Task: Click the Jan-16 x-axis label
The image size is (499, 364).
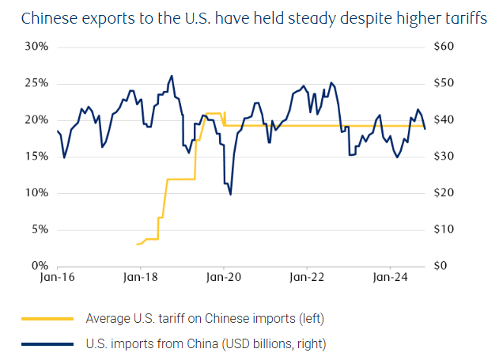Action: click(x=58, y=279)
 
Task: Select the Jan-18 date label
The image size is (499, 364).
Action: click(x=141, y=279)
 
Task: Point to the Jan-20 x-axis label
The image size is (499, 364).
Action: click(x=225, y=279)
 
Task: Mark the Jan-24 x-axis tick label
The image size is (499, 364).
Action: click(x=390, y=279)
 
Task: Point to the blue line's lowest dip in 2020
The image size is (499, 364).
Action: click(x=230, y=194)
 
